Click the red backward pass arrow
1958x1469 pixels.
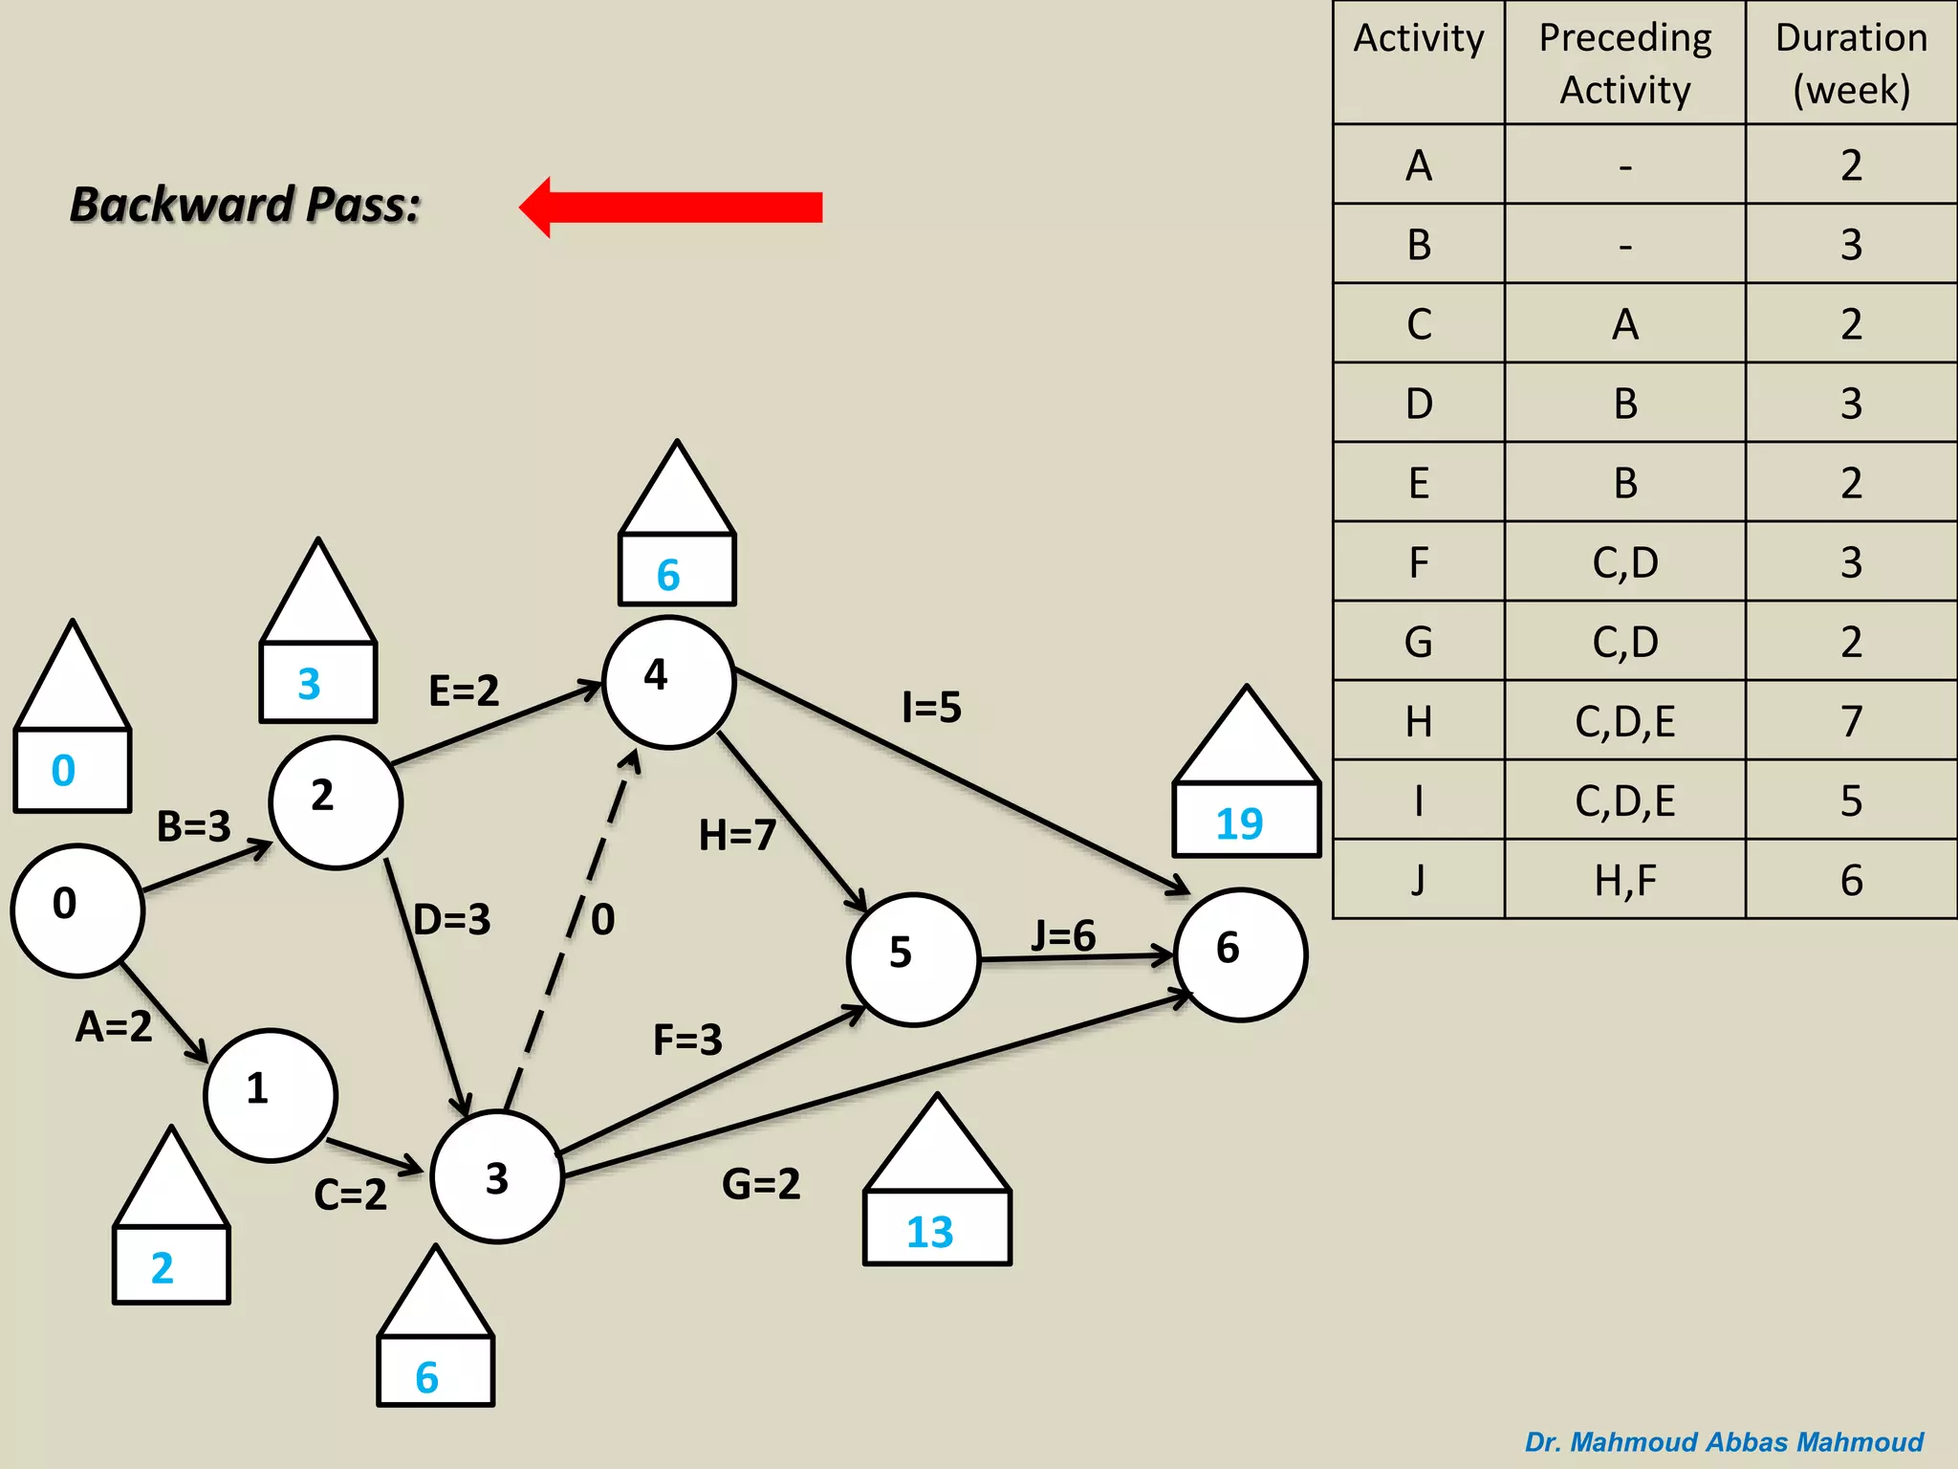[672, 207]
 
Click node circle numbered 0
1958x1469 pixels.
[77, 910]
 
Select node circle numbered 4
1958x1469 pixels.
[669, 682]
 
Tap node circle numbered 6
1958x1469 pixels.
[1240, 954]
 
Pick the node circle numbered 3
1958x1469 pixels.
[496, 1176]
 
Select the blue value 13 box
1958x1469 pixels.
[936, 1228]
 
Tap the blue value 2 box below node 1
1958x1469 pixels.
[171, 1265]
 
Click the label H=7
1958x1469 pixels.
[736, 835]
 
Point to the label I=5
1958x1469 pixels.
[931, 708]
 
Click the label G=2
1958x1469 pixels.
[761, 1184]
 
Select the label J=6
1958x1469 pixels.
[1063, 934]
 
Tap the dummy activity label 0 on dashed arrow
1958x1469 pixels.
[602, 919]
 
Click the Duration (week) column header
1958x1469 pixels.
[1851, 63]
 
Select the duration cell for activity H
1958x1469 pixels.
[1851, 720]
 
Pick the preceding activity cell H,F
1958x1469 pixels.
[1624, 880]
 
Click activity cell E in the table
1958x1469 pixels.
[1419, 482]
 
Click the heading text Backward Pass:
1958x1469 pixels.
[246, 205]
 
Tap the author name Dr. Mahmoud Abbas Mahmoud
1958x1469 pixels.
[1723, 1441]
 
